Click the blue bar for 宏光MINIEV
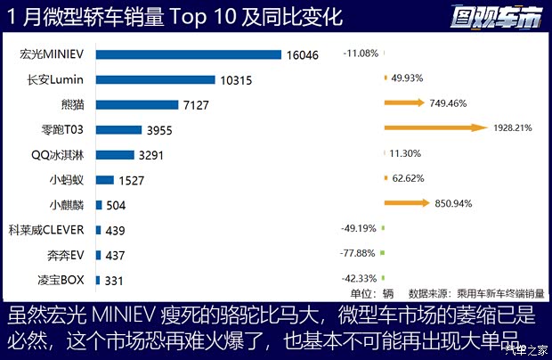(x=188, y=54)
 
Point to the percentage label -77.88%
(x=359, y=253)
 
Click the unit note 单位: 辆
(x=372, y=292)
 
